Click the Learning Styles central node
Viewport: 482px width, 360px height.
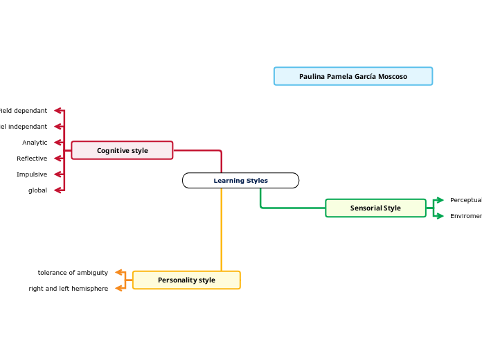pyautogui.click(x=240, y=181)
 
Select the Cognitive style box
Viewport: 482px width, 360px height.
pyautogui.click(x=122, y=150)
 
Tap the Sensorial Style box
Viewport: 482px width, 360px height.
pyautogui.click(x=375, y=208)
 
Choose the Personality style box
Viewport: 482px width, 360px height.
pyautogui.click(x=186, y=280)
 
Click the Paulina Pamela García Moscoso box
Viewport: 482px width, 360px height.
pyautogui.click(x=352, y=76)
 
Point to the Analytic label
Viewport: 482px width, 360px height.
pyautogui.click(x=35, y=143)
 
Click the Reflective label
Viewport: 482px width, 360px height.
pyautogui.click(x=32, y=159)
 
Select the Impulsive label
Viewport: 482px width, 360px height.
pyautogui.click(x=32, y=174)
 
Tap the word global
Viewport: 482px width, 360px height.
pyautogui.click(x=37, y=190)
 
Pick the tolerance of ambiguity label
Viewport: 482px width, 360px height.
pyautogui.click(x=73, y=273)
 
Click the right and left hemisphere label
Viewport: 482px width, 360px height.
pyautogui.click(x=69, y=289)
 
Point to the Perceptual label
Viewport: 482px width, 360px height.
pyautogui.click(x=465, y=200)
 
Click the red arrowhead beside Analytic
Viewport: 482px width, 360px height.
pyautogui.click(x=58, y=143)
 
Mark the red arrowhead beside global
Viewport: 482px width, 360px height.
pyautogui.click(x=58, y=190)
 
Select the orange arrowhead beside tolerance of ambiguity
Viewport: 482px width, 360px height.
pyautogui.click(x=119, y=273)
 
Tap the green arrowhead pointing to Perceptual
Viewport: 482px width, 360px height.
pyautogui.click(x=439, y=200)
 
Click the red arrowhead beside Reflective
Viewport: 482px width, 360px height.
pyautogui.click(x=58, y=159)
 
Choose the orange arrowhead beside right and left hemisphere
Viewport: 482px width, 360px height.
pyautogui.click(x=119, y=289)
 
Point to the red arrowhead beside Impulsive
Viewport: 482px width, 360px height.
pyautogui.click(x=58, y=174)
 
